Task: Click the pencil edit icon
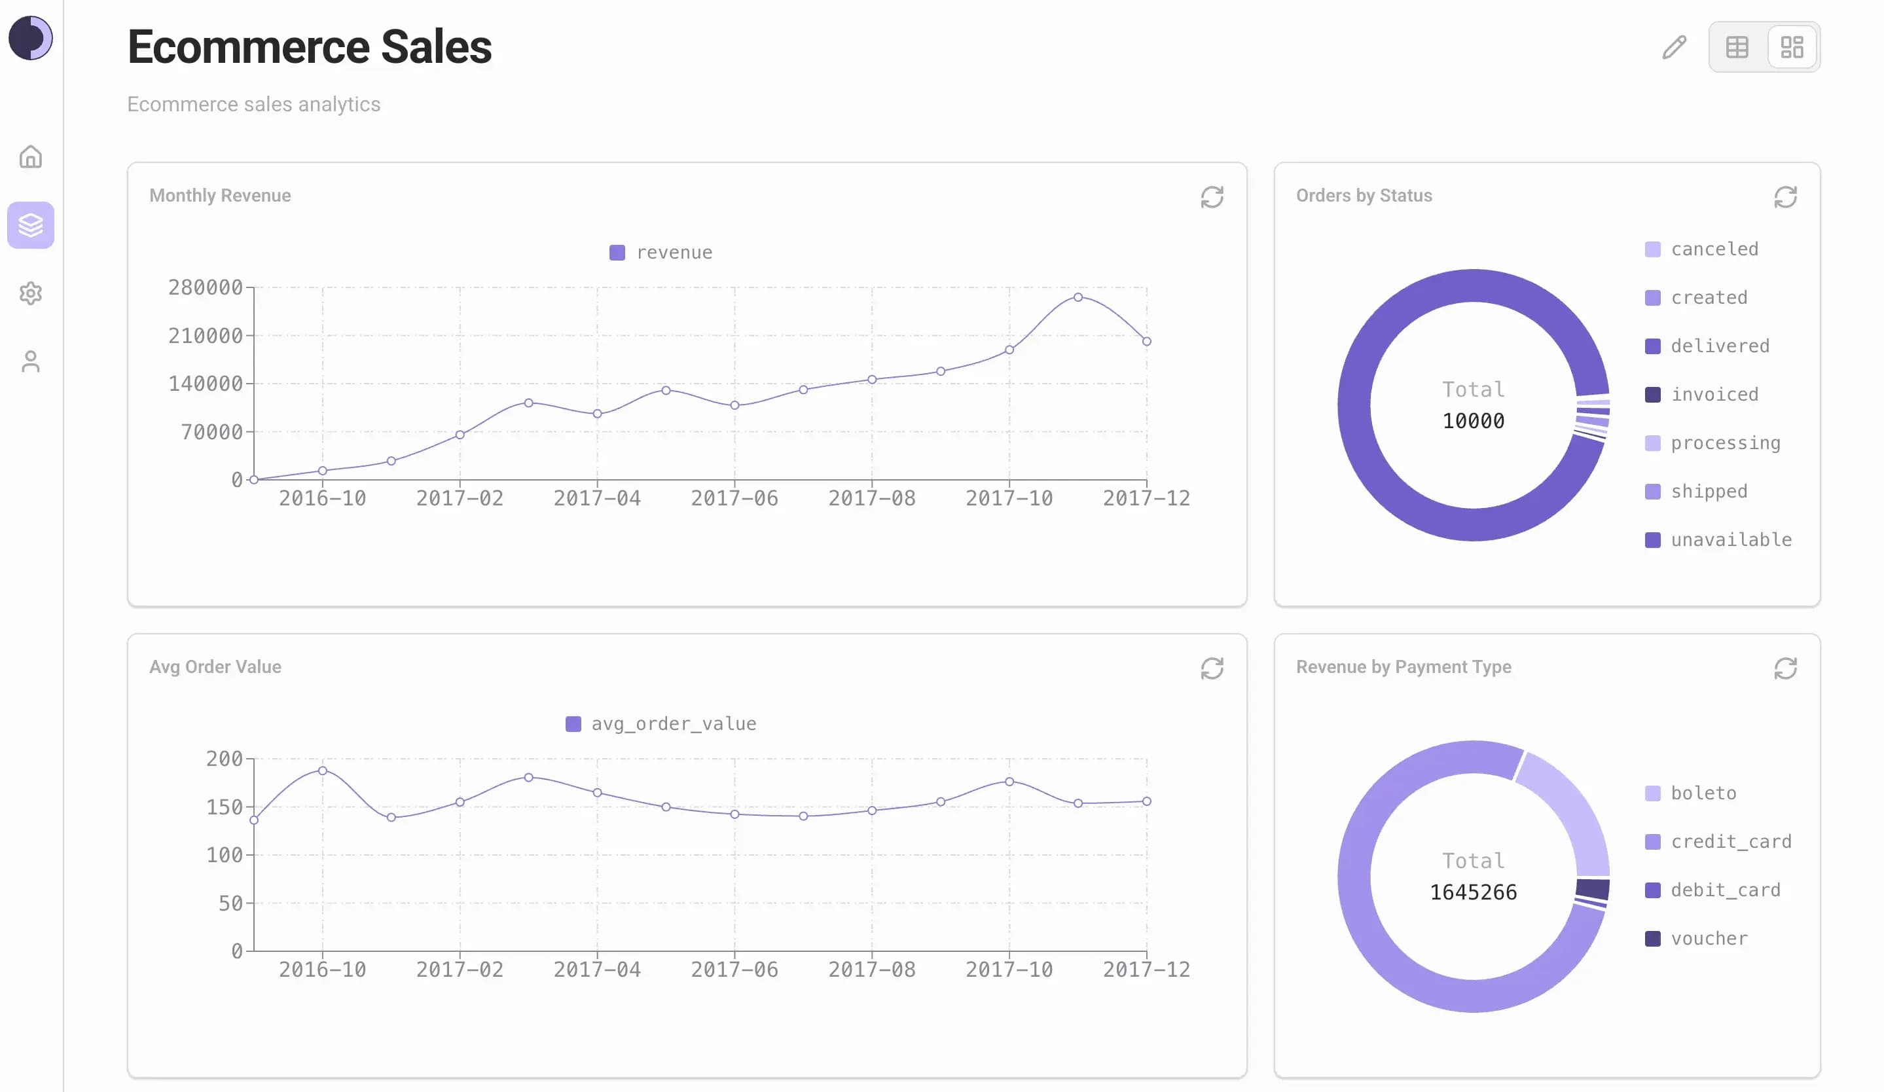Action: click(x=1674, y=47)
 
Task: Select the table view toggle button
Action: click(x=1737, y=47)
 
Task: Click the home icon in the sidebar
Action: click(x=31, y=157)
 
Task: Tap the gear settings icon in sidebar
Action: click(x=31, y=293)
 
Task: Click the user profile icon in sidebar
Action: click(x=31, y=362)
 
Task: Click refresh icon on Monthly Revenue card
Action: click(x=1211, y=197)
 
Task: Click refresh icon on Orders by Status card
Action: click(x=1784, y=197)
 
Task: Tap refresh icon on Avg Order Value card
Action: click(x=1211, y=668)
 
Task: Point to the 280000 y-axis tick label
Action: click(x=205, y=288)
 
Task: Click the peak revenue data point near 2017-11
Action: click(x=1078, y=297)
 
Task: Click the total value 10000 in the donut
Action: click(x=1473, y=421)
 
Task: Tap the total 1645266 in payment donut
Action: click(x=1473, y=892)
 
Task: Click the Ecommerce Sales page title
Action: click(x=309, y=47)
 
